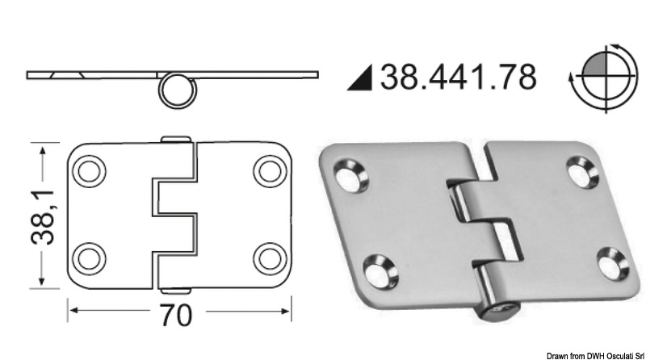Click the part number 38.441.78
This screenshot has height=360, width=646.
coord(460,77)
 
